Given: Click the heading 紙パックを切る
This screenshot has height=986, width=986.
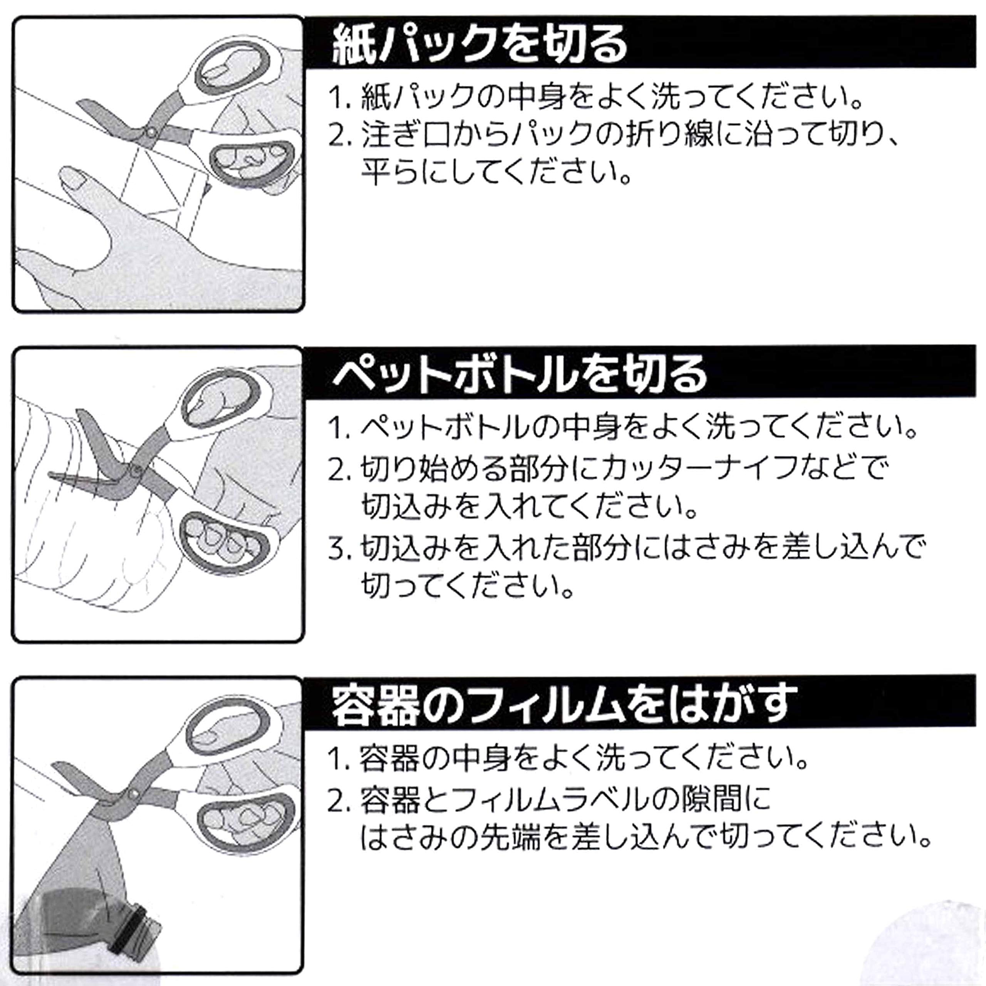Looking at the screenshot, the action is (480, 45).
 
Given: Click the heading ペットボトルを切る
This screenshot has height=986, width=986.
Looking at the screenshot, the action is (520, 374).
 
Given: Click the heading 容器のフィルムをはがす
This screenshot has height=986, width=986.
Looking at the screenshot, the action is (564, 704).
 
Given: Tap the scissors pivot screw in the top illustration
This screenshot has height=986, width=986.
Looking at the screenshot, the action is (151, 132).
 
